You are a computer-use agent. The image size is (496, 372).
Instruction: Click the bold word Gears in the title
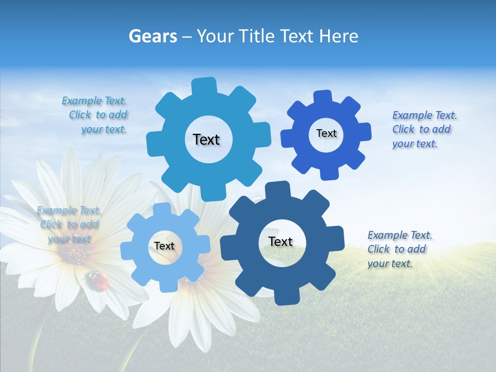[152, 36]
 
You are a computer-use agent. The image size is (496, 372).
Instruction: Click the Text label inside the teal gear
[206, 139]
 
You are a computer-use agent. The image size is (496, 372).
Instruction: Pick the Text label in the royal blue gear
[326, 133]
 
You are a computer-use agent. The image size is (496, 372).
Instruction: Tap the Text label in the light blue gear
[164, 246]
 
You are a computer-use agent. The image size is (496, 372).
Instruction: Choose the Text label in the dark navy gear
[281, 241]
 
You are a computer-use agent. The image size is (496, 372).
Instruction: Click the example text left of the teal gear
[96, 115]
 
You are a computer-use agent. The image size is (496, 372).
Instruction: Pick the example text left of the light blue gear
[69, 224]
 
